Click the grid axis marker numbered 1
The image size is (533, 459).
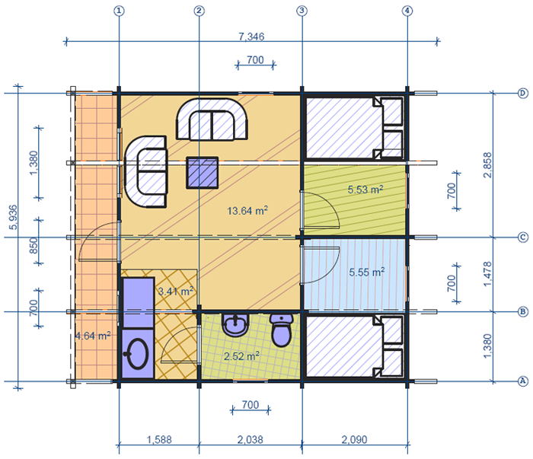[x=119, y=11]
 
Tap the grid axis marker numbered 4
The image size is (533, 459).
[x=407, y=11]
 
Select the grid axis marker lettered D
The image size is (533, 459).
[x=523, y=93]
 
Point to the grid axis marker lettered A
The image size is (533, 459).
[x=523, y=381]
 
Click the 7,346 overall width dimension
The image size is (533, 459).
[x=251, y=37]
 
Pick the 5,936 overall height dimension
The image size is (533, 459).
[x=13, y=218]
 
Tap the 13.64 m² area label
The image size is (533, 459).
[x=247, y=210]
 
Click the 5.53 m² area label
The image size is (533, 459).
[x=365, y=189]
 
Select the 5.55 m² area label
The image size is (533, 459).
[x=367, y=272]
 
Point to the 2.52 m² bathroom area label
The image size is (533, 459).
[x=241, y=355]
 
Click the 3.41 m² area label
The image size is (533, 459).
[x=176, y=291]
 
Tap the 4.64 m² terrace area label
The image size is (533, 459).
[x=93, y=336]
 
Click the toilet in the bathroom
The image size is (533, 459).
[x=282, y=330]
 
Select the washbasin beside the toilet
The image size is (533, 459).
[x=235, y=324]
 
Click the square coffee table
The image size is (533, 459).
[x=203, y=173]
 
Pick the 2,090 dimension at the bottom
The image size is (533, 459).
[x=354, y=440]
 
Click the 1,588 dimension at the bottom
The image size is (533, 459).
[x=159, y=440]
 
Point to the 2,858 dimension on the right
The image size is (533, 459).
[x=487, y=164]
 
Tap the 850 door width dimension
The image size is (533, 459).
[x=34, y=245]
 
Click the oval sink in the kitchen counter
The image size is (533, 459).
[x=137, y=354]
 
